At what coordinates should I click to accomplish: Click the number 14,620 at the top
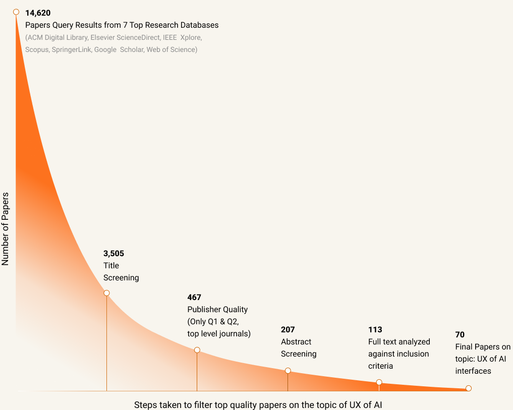[38, 13]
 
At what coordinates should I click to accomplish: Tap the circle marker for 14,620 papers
[16, 12]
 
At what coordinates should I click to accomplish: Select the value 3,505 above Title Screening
[113, 253]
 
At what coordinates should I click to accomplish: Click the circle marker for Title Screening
[106, 293]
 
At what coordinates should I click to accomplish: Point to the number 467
[194, 297]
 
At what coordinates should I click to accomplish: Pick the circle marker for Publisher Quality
[197, 350]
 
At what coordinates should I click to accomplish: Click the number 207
[288, 329]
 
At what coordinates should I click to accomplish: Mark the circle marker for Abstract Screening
[288, 371]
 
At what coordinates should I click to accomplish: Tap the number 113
[375, 329]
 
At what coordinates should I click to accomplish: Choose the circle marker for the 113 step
[379, 382]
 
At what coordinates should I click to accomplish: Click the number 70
[460, 334]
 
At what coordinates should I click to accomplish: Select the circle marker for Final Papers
[469, 388]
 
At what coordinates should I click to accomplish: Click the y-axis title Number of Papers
[6, 228]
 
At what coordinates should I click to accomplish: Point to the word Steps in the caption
[145, 404]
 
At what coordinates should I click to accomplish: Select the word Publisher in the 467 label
[204, 309]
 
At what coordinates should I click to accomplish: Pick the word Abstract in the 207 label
[296, 341]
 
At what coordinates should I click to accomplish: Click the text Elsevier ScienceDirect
[126, 37]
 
